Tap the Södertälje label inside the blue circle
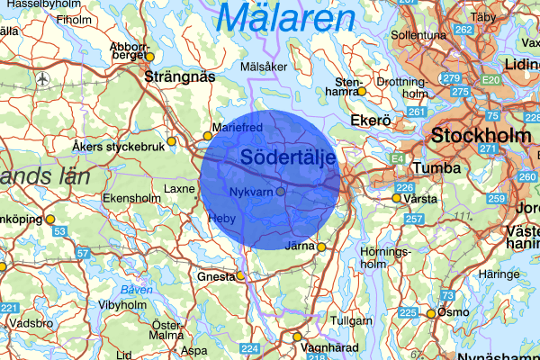(x=289, y=157)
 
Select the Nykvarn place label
(x=251, y=193)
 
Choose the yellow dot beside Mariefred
(x=208, y=136)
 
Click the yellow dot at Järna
(x=321, y=247)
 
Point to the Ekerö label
(x=369, y=120)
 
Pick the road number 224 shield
(x=251, y=349)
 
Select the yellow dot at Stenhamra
(x=362, y=91)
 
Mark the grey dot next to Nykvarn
(x=281, y=192)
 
